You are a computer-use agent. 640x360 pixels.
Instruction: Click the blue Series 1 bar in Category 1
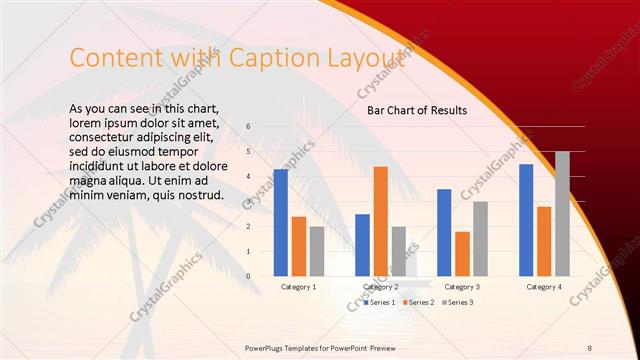pos(281,222)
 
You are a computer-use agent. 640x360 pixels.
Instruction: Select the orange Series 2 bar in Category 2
pos(381,221)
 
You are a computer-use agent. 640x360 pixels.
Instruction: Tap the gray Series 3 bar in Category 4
pos(562,213)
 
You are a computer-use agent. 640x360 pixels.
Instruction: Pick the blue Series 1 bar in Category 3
pos(444,232)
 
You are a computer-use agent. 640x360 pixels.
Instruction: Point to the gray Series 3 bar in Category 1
pos(317,251)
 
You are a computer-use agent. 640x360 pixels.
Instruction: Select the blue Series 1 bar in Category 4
pos(526,220)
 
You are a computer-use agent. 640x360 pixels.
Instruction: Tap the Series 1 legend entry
pos(380,302)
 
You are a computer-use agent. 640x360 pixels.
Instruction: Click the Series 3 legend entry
pos(457,302)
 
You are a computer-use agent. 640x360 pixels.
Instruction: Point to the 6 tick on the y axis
pos(248,127)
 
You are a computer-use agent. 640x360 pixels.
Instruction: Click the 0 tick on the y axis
pos(248,276)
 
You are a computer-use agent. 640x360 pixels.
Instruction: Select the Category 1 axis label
pos(298,287)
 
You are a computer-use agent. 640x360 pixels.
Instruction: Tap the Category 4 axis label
pos(543,287)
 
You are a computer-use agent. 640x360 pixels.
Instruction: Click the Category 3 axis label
pos(462,287)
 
